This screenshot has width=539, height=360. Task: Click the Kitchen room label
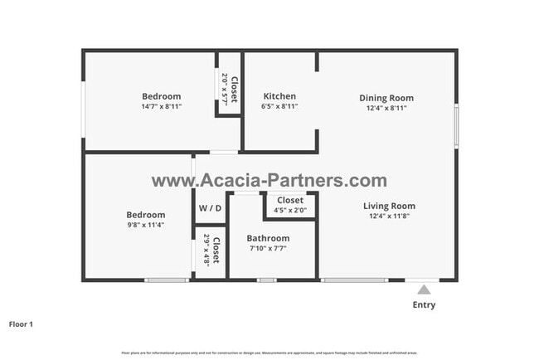(x=279, y=96)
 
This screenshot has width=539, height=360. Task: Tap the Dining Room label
(x=386, y=98)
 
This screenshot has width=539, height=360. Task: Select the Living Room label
(x=389, y=206)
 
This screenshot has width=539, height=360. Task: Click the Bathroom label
(x=267, y=238)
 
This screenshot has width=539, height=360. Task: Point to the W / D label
(x=210, y=207)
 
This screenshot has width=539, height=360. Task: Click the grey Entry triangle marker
(x=424, y=289)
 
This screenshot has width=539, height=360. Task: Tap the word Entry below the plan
(x=424, y=304)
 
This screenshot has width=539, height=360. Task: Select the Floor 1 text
(x=21, y=324)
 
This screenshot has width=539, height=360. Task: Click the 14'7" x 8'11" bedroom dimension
(x=161, y=107)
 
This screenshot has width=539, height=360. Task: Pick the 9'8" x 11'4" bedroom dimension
(x=145, y=225)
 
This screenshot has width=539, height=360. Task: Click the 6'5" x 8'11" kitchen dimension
(x=279, y=107)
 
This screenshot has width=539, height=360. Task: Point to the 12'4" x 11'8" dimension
(x=389, y=216)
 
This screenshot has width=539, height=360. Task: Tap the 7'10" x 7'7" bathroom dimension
(x=267, y=248)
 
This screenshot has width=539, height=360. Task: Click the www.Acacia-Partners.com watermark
(x=269, y=181)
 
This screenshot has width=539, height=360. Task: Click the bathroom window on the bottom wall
(x=266, y=280)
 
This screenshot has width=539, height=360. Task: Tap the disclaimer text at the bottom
(x=269, y=353)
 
